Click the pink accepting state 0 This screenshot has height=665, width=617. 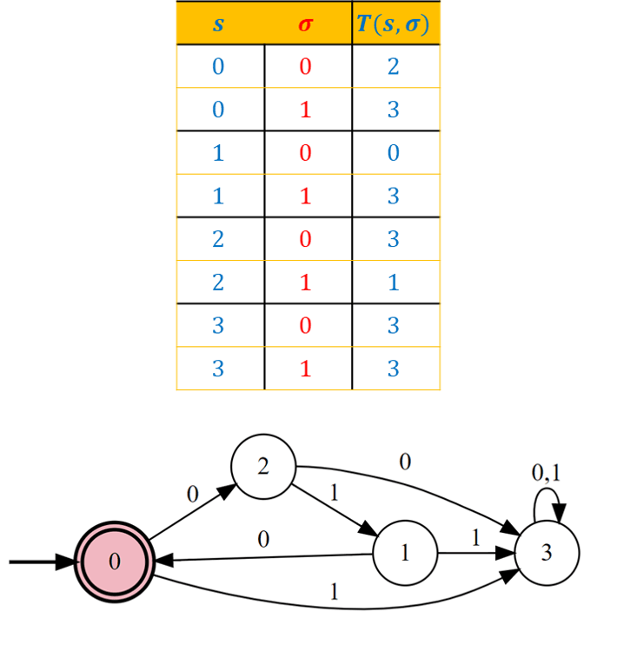(115, 562)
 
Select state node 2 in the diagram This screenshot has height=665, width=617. (263, 467)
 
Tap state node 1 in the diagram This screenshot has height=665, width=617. (405, 553)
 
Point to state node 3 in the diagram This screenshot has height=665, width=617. (547, 553)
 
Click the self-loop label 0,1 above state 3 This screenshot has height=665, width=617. (547, 473)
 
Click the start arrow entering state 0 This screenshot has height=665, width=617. (42, 562)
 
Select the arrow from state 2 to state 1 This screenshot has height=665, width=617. (335, 510)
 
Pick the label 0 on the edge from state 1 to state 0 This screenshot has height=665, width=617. (263, 540)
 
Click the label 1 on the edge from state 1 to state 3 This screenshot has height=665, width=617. (476, 538)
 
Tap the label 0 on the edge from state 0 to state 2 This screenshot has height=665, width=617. (193, 494)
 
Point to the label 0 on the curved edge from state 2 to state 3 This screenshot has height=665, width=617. (405, 462)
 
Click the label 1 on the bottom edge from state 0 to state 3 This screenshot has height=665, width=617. (335, 592)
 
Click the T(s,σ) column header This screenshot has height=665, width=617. (393, 23)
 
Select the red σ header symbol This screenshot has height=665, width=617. (305, 24)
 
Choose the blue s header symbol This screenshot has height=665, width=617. (218, 24)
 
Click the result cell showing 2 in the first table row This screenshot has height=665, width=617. (393, 66)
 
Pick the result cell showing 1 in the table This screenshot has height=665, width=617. (393, 282)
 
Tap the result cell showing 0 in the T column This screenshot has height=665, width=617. (393, 153)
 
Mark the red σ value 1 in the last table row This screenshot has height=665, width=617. (305, 369)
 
